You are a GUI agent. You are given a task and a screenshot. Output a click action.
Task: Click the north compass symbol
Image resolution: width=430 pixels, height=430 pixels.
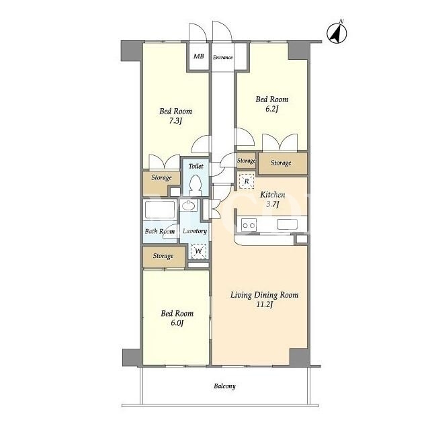tap(337, 33)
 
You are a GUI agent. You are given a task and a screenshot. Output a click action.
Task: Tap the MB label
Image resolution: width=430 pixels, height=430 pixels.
tap(199, 56)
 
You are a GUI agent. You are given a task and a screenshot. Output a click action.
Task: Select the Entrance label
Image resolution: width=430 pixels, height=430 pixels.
tap(222, 57)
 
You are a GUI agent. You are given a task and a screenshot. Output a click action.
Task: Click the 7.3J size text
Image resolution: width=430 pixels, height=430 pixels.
tap(175, 121)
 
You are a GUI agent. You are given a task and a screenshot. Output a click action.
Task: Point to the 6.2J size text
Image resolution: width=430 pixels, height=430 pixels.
tap(271, 109)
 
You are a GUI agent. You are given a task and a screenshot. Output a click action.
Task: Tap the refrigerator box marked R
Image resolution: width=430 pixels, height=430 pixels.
tap(247, 181)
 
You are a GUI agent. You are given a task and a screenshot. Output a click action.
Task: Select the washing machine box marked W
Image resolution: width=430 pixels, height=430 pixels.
tap(198, 251)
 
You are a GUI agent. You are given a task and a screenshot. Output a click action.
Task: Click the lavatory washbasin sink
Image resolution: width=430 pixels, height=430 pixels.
tap(188, 206)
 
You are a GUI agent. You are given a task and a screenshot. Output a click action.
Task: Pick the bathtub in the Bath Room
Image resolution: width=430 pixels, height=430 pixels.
tap(160, 210)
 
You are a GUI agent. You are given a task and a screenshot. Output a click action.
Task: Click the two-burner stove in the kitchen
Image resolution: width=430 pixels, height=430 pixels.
tap(249, 226)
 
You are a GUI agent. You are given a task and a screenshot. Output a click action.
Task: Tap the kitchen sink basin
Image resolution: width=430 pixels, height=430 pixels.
tap(287, 224)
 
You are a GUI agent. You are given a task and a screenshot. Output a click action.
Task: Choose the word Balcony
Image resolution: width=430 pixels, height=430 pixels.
tap(224, 386)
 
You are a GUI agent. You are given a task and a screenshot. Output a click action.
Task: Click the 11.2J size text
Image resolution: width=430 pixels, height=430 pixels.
tap(264, 304)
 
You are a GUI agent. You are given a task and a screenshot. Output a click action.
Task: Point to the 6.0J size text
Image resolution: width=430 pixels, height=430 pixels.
tap(177, 322)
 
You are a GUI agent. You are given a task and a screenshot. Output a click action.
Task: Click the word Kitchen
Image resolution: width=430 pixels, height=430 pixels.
tap(272, 195)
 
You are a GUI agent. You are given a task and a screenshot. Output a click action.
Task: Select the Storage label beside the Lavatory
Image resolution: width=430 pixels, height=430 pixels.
tap(163, 256)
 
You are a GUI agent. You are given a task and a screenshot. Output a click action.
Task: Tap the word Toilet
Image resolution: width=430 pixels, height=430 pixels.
tap(196, 166)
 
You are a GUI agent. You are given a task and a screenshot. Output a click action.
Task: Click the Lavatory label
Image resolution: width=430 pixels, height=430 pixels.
tap(195, 231)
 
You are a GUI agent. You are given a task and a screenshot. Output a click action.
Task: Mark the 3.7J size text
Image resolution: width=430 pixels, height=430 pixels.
tap(272, 204)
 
